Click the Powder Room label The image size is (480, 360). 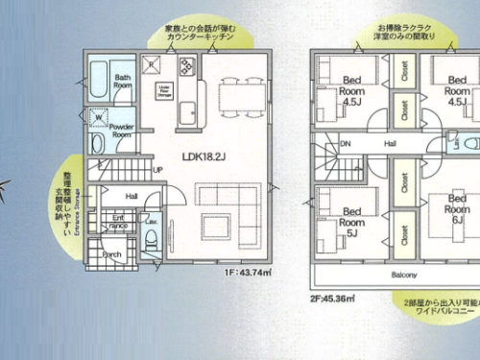(122, 131)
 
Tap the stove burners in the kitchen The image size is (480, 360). (185, 67)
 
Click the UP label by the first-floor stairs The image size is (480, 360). (157, 171)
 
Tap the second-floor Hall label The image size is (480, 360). (391, 144)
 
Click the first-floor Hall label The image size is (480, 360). (132, 196)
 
